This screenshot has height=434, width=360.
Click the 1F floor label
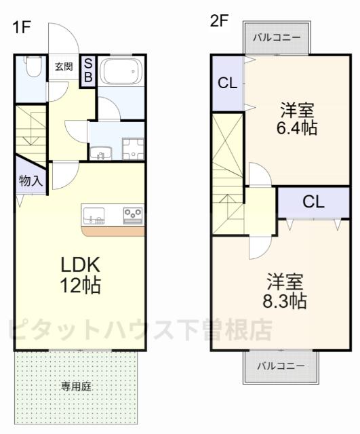(22, 28)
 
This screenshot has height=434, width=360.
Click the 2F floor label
(219, 21)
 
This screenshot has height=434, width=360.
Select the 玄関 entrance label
(64, 66)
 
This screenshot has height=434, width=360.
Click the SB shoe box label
(88, 70)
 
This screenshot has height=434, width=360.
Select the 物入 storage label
(31, 181)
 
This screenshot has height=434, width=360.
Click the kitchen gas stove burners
(134, 215)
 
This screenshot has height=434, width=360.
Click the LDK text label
(81, 264)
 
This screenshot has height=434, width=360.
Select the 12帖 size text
(81, 285)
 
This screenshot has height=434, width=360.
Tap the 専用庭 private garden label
(76, 387)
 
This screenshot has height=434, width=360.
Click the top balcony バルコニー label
(277, 38)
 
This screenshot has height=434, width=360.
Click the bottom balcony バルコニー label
(279, 366)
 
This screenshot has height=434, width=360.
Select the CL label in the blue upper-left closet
(227, 84)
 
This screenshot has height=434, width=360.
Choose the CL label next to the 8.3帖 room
(313, 201)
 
